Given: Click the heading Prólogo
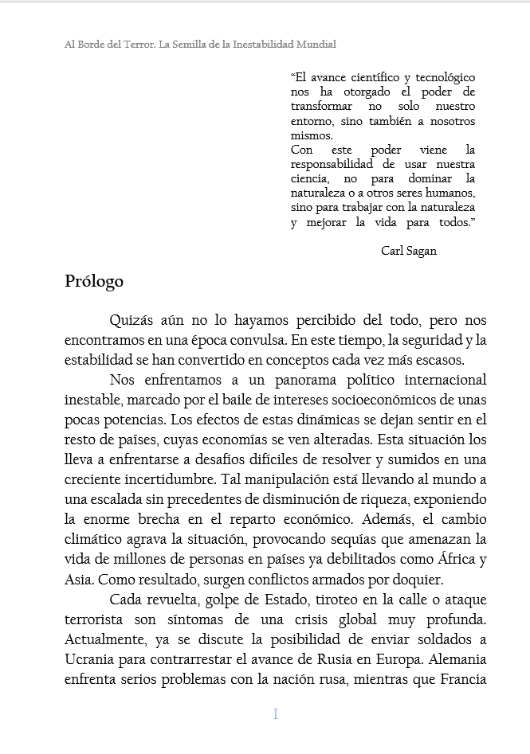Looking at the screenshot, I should (x=94, y=282).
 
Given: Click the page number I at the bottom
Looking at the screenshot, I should (x=276, y=714).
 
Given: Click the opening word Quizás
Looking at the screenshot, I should (x=133, y=321).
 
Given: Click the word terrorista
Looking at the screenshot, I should (x=94, y=619).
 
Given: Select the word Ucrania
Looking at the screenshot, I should (x=93, y=660).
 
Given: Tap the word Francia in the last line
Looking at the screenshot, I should (x=462, y=680).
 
